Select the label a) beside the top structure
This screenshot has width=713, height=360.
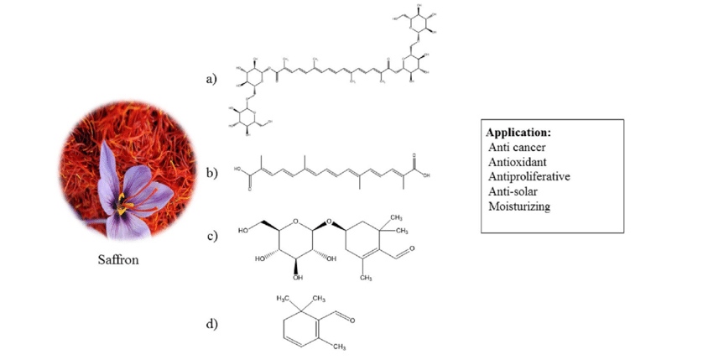click(x=211, y=80)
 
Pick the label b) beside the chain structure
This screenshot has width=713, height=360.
click(x=211, y=173)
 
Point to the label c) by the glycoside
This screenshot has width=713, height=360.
click(x=211, y=235)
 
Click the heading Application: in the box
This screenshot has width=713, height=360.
click(x=518, y=133)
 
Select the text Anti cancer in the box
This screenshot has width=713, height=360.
click(x=517, y=147)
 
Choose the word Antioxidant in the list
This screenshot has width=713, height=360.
click(x=518, y=162)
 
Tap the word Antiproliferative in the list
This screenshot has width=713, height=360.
click(x=529, y=177)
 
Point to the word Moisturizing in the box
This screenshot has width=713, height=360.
click(x=519, y=206)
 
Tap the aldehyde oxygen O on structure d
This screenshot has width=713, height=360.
click(x=351, y=320)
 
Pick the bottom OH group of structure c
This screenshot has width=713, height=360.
click(x=298, y=278)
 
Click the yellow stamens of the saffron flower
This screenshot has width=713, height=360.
click(x=123, y=200)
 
